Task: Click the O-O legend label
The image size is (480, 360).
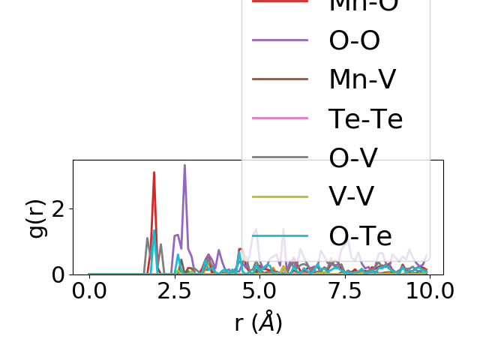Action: click(x=355, y=40)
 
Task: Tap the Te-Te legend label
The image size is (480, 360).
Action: click(x=366, y=118)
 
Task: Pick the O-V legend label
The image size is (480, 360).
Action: click(x=353, y=157)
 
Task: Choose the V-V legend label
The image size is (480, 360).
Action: click(x=352, y=196)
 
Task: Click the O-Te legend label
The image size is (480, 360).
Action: click(x=361, y=235)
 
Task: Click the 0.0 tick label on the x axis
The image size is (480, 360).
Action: click(x=89, y=291)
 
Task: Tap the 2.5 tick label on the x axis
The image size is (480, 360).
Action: click(x=174, y=291)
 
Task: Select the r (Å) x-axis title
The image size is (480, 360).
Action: click(x=259, y=322)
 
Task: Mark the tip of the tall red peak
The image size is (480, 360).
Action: click(x=154, y=172)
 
